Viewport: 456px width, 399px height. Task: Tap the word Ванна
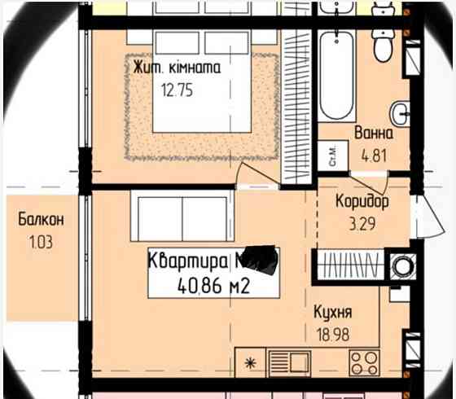374,134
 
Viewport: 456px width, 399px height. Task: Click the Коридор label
362,200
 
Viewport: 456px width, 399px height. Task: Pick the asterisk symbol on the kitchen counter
251,361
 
